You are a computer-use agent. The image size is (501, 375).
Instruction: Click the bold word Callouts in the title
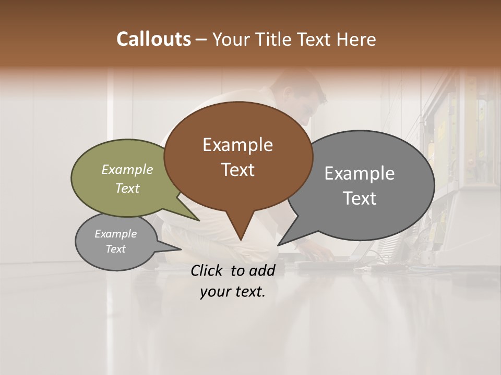[153, 39]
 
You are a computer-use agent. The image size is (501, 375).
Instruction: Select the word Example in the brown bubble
[237, 145]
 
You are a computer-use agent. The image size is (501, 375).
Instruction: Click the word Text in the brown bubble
[237, 170]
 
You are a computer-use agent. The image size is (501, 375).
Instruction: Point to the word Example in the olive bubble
[127, 169]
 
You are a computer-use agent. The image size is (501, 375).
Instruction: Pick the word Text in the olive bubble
[127, 189]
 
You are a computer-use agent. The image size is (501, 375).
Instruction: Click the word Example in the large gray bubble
[360, 173]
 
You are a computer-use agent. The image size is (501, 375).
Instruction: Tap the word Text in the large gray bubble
[360, 198]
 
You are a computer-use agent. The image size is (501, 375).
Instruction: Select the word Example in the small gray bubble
[115, 234]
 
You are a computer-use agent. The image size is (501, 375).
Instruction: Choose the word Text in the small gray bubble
[115, 249]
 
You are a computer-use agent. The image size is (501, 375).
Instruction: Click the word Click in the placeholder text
[208, 270]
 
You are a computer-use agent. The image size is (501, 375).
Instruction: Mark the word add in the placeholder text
[262, 270]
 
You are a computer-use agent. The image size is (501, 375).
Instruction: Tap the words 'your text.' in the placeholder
[232, 292]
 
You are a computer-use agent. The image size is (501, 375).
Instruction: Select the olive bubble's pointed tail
[196, 218]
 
